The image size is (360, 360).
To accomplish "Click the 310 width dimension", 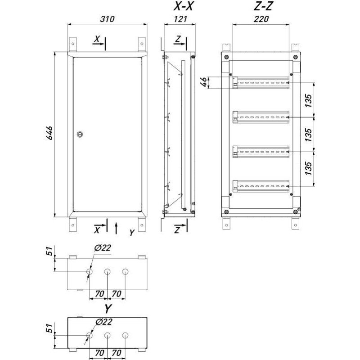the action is (x=107, y=19).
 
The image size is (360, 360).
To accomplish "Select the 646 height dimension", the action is (x=49, y=133).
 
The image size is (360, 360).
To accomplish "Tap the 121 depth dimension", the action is (x=180, y=19).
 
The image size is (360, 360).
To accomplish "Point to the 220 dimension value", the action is (x=261, y=19).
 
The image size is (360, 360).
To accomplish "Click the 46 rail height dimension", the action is (x=204, y=82).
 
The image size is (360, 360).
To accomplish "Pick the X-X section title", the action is (x=183, y=6).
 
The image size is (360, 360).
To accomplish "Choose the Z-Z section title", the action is (x=263, y=6).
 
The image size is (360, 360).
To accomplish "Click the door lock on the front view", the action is (x=80, y=134).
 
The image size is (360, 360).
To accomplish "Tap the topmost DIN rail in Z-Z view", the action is (x=261, y=83).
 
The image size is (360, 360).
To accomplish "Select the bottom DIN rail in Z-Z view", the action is (x=261, y=186).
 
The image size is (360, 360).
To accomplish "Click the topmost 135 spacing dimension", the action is (x=308, y=100).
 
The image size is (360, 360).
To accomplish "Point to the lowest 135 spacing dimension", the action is (x=308, y=168).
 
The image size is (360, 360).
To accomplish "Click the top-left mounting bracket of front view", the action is (x=73, y=44).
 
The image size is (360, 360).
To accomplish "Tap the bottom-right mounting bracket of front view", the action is (x=142, y=225).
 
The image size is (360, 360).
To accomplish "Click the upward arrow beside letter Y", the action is (x=116, y=228).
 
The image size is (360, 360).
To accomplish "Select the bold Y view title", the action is (x=108, y=309).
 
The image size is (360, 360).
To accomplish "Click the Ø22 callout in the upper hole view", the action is (x=103, y=248).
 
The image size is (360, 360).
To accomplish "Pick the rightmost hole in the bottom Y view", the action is (x=125, y=335).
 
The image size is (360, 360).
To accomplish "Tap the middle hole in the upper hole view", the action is (x=107, y=272).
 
